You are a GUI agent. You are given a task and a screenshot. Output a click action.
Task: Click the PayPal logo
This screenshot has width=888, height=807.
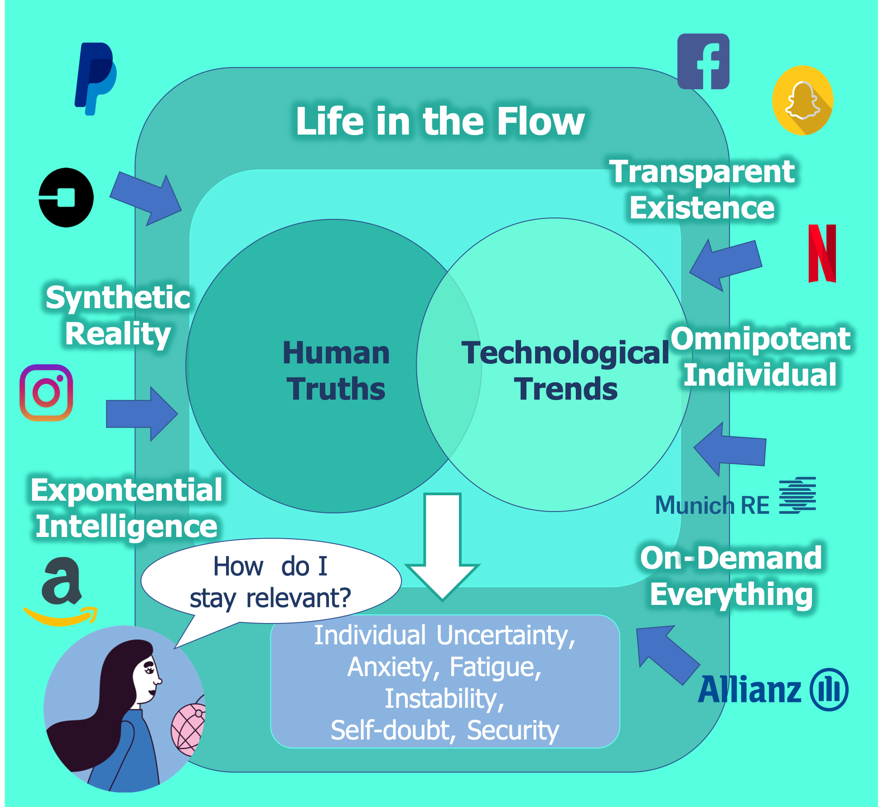[x=96, y=79]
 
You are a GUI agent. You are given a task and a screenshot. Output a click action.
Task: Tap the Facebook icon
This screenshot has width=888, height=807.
[x=703, y=61]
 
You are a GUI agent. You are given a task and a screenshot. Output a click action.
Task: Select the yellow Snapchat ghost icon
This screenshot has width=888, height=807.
[x=802, y=100]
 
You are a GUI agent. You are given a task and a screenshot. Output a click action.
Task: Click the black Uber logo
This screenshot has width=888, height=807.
[x=66, y=197]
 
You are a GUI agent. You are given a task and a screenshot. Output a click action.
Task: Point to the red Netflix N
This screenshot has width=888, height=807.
[x=822, y=253]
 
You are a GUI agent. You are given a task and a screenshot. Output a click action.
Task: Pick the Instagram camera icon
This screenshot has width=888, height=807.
[x=46, y=393]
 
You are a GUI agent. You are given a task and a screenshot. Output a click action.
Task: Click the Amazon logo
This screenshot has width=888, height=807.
[x=61, y=591]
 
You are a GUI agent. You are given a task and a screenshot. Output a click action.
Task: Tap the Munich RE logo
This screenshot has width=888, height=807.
[x=735, y=497]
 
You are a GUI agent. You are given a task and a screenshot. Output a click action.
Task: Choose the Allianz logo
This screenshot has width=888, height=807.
[x=773, y=689]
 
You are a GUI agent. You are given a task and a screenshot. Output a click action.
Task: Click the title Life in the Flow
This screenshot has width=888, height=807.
[x=440, y=121]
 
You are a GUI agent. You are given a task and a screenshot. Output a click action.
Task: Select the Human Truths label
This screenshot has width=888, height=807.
[x=336, y=371]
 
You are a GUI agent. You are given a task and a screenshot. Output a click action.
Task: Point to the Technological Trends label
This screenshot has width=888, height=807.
[x=565, y=371]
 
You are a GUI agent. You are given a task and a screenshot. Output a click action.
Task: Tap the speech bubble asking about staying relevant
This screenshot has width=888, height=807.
[x=271, y=581]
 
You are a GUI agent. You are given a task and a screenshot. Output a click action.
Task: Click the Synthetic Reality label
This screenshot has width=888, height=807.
[x=118, y=315]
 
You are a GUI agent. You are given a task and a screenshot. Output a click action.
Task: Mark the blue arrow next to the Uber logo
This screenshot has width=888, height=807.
[x=146, y=198]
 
